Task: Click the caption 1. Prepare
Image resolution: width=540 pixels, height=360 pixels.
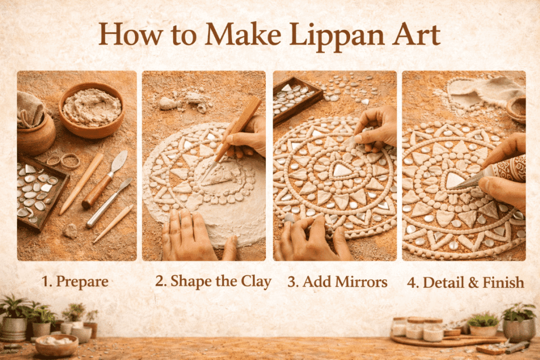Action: tap(75, 281)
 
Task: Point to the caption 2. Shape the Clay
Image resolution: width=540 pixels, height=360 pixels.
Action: tap(213, 281)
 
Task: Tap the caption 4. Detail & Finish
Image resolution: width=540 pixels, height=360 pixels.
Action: tap(466, 283)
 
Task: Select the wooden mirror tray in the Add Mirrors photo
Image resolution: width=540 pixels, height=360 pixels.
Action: tap(296, 95)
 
